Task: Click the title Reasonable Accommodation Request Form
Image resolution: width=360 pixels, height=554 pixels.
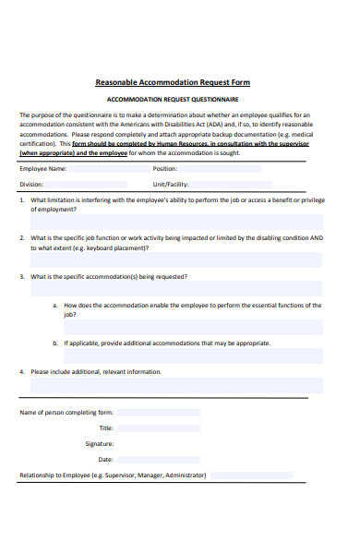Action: [179, 82]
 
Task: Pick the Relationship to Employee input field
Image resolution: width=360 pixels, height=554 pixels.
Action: [251, 475]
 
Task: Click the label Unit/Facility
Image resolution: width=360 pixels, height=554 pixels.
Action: [175, 184]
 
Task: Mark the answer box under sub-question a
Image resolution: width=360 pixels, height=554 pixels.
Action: [193, 327]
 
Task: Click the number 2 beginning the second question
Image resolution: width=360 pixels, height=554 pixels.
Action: [22, 237]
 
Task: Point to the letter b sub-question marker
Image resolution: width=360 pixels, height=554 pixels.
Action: [54, 343]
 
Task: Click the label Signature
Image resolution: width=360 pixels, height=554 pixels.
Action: [99, 444]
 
